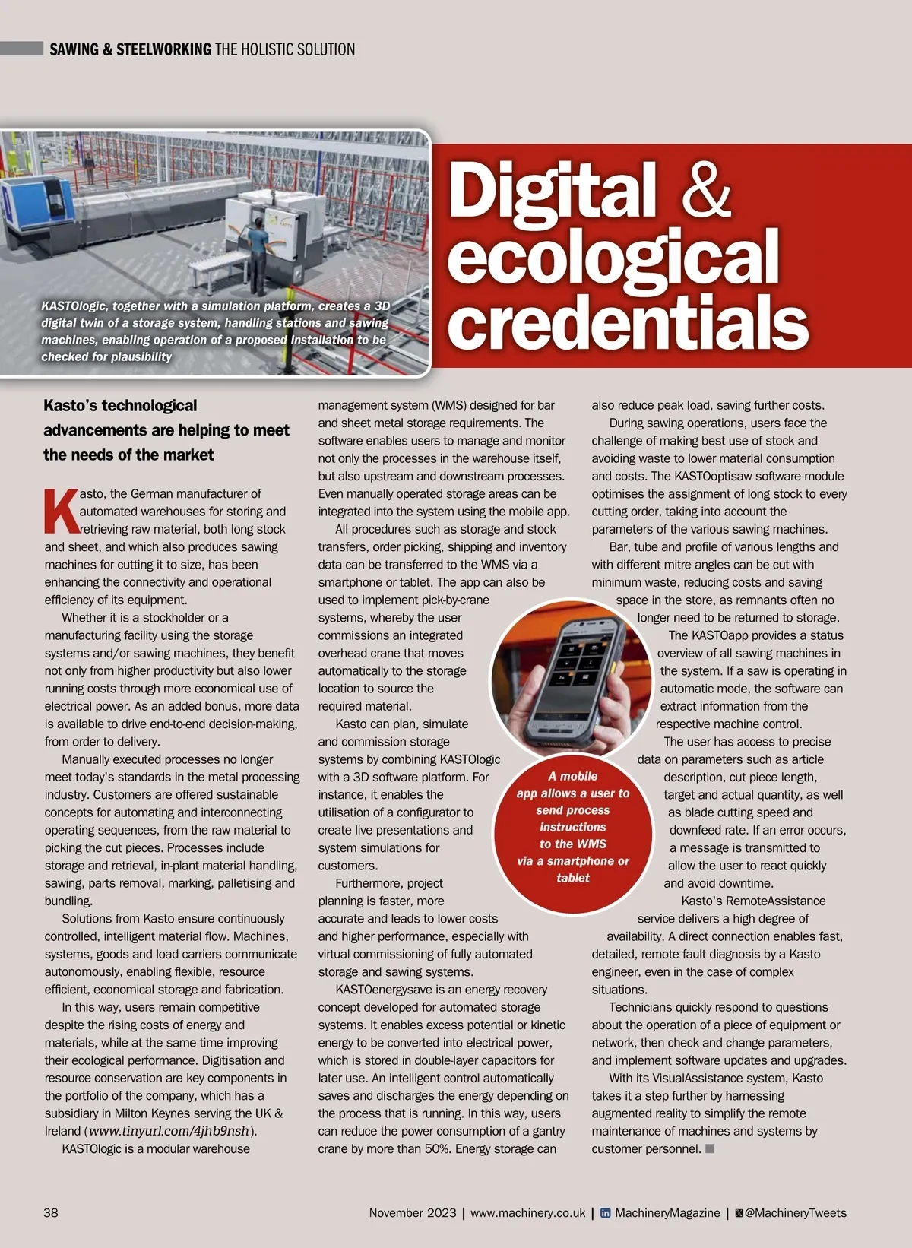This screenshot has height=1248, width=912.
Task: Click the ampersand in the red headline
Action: click(706, 189)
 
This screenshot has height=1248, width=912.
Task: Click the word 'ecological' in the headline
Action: click(613, 257)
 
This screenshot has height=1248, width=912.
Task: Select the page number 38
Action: click(51, 1212)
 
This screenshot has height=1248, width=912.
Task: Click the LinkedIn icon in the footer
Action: click(606, 1213)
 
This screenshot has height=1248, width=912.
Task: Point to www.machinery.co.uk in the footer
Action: click(527, 1212)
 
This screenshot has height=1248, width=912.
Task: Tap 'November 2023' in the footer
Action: click(413, 1212)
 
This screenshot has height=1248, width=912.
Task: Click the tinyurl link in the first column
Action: click(169, 1131)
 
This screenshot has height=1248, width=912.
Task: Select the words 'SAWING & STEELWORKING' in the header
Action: click(130, 49)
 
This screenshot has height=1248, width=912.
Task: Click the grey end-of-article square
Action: click(710, 1148)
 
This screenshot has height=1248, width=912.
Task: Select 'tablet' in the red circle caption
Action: click(572, 878)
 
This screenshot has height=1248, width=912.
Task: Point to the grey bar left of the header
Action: click(21, 49)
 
